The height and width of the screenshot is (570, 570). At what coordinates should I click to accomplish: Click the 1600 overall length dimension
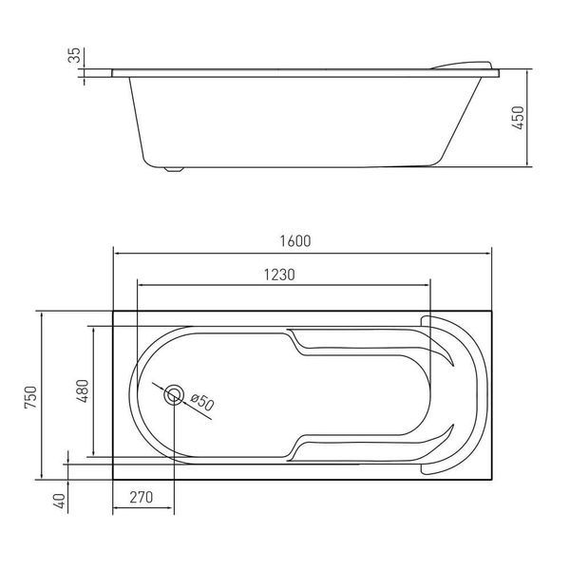(295, 241)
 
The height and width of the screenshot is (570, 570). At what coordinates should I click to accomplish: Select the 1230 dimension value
(278, 275)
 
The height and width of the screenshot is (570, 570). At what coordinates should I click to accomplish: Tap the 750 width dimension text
(31, 397)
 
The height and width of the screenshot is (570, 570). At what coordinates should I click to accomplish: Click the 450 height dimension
(518, 118)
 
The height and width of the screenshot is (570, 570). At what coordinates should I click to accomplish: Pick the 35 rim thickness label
(74, 55)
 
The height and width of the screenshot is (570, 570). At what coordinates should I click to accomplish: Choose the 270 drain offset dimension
(141, 497)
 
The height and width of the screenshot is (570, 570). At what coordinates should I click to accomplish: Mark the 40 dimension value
(59, 501)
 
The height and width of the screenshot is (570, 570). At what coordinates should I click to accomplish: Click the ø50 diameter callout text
(202, 402)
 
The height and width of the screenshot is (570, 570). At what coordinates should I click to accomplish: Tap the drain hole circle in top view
(174, 395)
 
